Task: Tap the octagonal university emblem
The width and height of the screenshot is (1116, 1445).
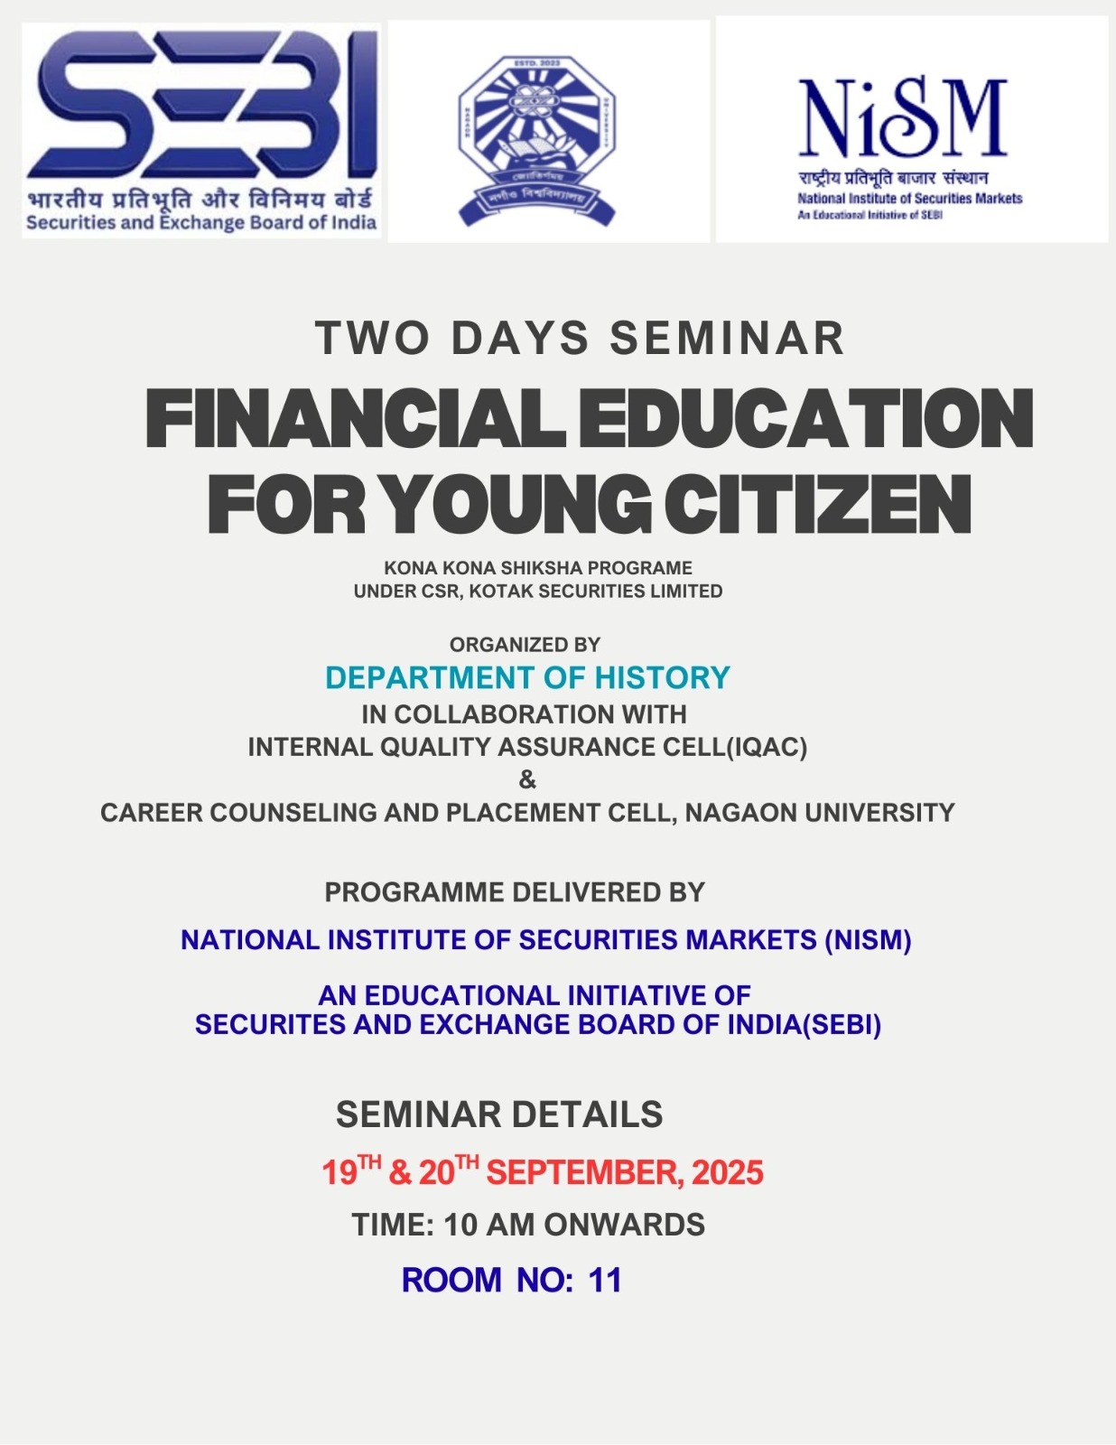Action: (536, 140)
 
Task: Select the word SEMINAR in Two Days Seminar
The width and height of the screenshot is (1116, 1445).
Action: (727, 339)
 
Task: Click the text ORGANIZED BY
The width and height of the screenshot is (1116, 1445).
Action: (525, 645)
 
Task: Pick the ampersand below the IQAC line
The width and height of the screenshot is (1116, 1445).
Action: (527, 779)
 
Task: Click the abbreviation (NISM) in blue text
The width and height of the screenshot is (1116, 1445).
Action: (868, 940)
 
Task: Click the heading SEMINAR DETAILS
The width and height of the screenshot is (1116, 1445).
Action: (499, 1114)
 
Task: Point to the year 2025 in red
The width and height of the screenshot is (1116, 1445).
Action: (728, 1173)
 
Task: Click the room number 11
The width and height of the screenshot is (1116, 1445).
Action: (605, 1281)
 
